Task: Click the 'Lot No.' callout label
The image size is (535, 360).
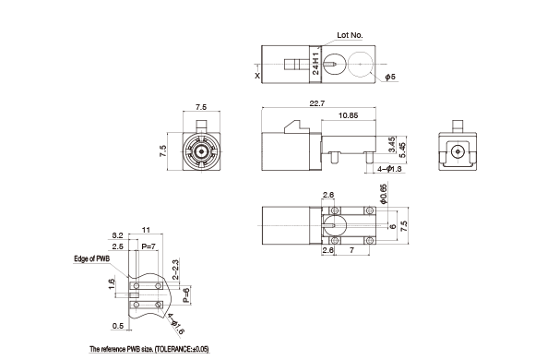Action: [x=350, y=35]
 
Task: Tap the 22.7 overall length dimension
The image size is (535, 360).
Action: [x=317, y=103]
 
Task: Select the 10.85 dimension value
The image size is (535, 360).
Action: [x=348, y=115]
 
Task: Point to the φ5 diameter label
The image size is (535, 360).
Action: [x=390, y=77]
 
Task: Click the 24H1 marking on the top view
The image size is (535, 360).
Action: [x=316, y=64]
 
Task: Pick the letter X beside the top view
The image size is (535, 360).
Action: [x=257, y=76]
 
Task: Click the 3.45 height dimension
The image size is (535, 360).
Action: [x=392, y=144]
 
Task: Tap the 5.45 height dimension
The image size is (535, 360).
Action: [x=402, y=150]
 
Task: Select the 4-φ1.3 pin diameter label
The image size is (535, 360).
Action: [x=389, y=169]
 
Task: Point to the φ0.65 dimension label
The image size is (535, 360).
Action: [x=384, y=194]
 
